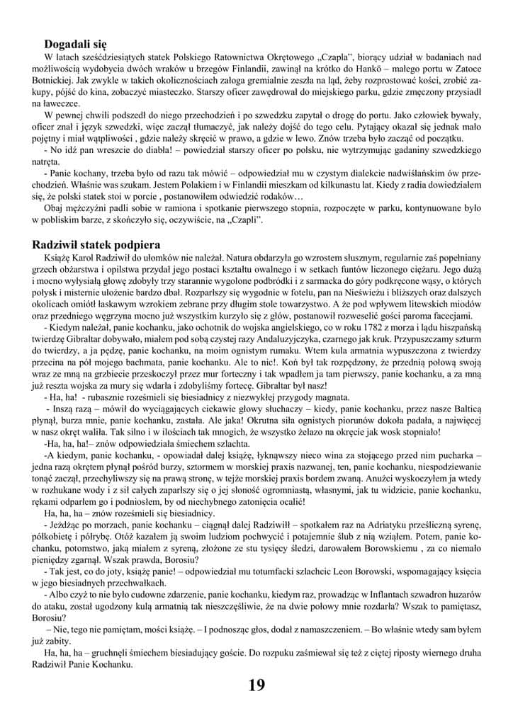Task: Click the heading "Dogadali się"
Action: click(x=76, y=44)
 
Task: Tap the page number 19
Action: click(x=256, y=685)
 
